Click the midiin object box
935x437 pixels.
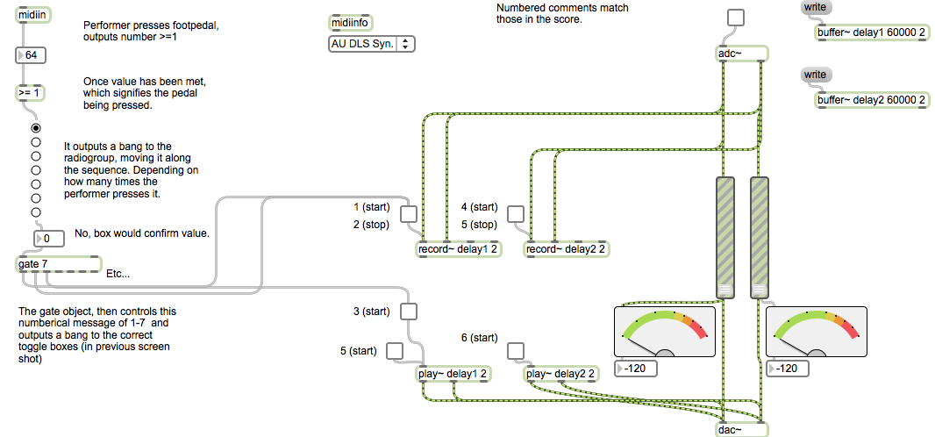point(33,15)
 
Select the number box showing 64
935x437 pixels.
point(31,55)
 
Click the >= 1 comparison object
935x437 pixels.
point(31,92)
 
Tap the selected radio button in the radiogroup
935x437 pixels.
point(36,127)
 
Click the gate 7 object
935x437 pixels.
point(58,264)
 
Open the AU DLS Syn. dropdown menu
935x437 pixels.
point(370,44)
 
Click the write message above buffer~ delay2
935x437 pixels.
point(815,75)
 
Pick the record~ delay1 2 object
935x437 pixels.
point(457,249)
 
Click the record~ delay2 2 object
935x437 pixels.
point(566,249)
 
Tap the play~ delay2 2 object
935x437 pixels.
point(561,375)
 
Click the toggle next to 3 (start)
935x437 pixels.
point(409,311)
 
